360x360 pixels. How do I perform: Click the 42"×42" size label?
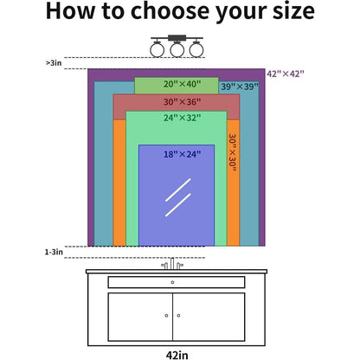(286, 74)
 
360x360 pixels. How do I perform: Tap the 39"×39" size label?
(240, 87)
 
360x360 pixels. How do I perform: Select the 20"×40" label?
(182, 84)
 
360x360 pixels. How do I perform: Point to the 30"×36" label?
(182, 102)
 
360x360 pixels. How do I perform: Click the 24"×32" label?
(182, 118)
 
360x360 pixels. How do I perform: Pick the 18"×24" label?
(182, 154)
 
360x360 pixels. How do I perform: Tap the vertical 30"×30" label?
(233, 153)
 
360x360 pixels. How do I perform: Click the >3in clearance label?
(54, 63)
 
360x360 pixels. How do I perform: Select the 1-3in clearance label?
(54, 252)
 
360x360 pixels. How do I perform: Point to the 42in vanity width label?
(177, 355)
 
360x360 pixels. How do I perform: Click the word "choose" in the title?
(170, 11)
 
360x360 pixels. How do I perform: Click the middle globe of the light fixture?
(177, 49)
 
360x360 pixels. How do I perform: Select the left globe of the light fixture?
(157, 49)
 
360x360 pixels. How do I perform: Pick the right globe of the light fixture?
(196, 49)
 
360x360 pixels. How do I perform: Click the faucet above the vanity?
(172, 264)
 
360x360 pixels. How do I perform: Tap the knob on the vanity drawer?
(172, 282)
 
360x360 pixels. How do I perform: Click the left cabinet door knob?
(166, 316)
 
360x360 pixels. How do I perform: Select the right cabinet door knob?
(178, 316)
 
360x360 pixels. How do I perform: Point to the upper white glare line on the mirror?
(178, 190)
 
